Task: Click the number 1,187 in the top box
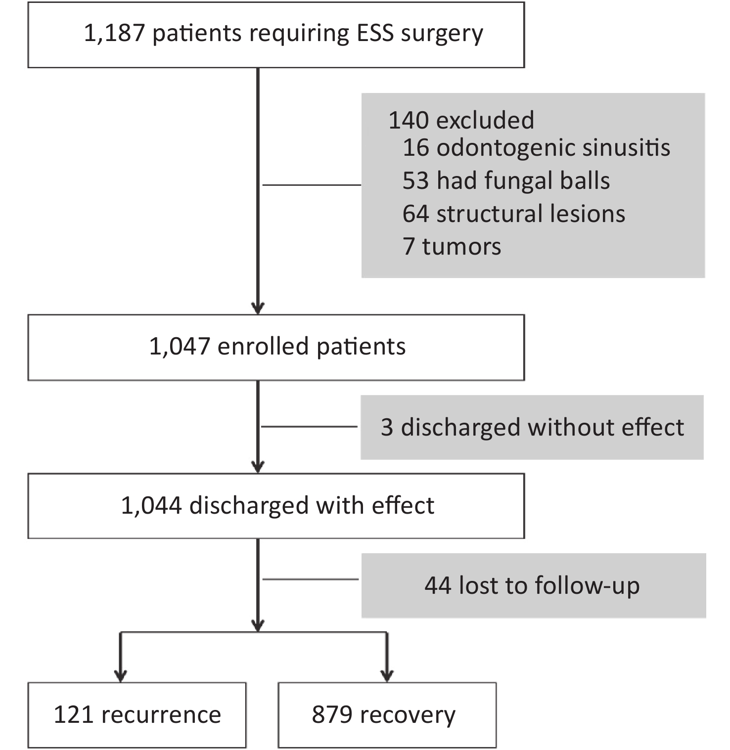click(x=114, y=34)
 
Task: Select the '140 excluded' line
click(x=461, y=120)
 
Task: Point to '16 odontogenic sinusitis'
click(x=537, y=147)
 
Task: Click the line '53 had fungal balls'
click(x=506, y=180)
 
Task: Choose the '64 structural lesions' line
click(x=514, y=214)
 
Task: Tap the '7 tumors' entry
click(x=452, y=246)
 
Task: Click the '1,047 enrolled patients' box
click(x=276, y=347)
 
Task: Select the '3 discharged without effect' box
click(x=532, y=427)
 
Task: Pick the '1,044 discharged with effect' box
click(x=276, y=506)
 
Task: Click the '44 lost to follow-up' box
click(x=534, y=585)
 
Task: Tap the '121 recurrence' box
click(x=137, y=715)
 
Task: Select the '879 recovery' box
click(x=387, y=715)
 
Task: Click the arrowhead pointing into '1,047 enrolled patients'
click(x=258, y=308)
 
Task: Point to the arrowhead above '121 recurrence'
click(x=120, y=676)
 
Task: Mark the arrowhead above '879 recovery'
click(x=387, y=676)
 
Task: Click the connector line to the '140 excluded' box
click(x=312, y=185)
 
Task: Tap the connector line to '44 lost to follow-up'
click(x=311, y=579)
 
